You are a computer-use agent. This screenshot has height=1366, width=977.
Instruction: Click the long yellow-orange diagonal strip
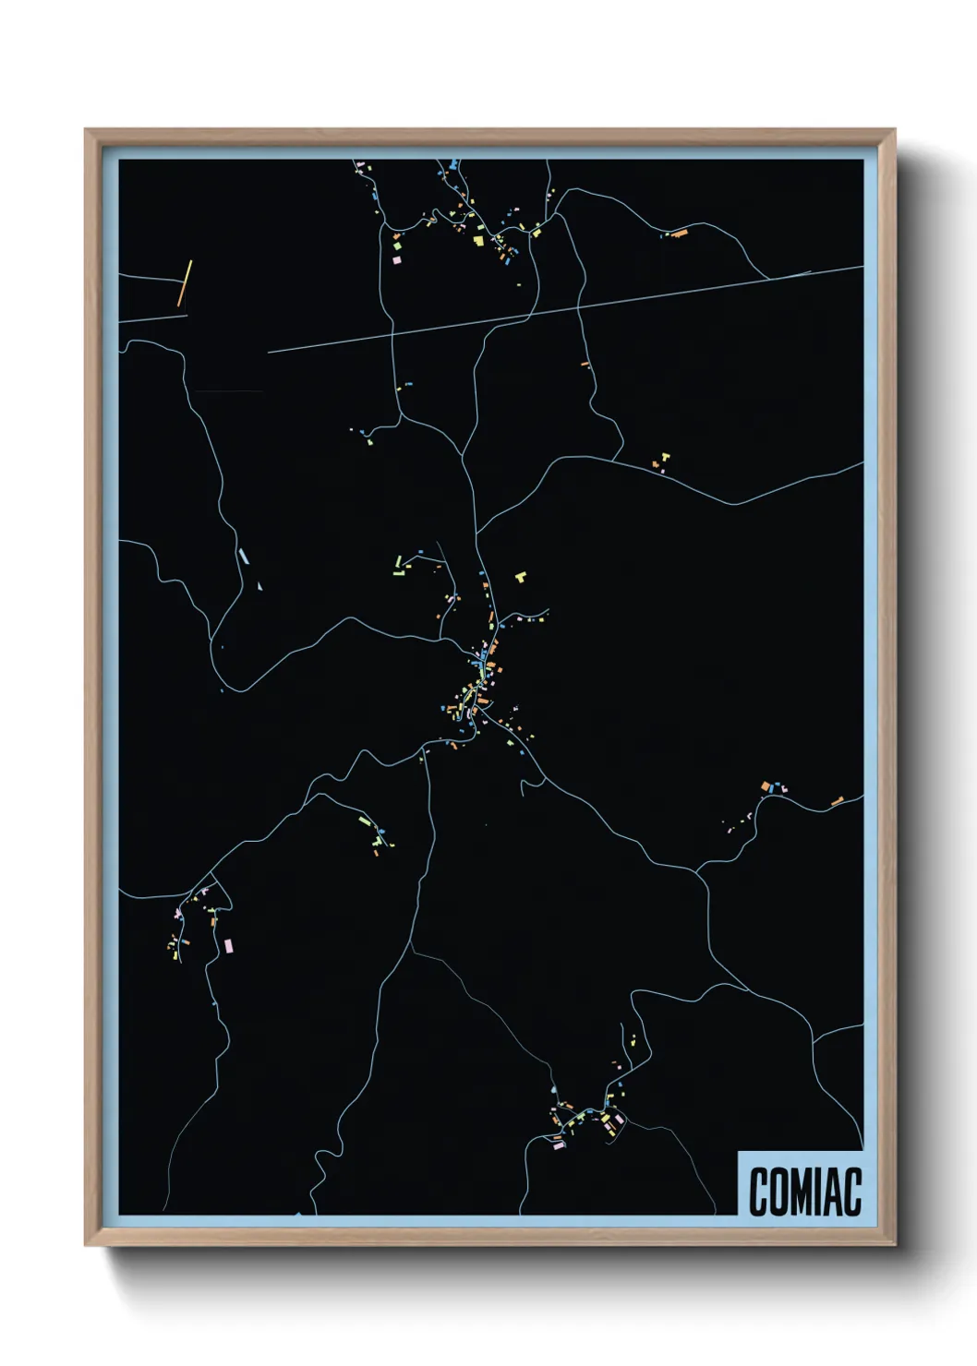(x=185, y=282)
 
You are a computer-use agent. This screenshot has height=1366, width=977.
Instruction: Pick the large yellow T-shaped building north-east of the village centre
(x=521, y=577)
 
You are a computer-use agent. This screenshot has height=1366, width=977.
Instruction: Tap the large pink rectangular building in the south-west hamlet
(x=228, y=945)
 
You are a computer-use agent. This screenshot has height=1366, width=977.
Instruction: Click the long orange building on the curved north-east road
(x=680, y=234)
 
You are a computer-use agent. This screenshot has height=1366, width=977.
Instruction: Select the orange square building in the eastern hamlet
(x=766, y=786)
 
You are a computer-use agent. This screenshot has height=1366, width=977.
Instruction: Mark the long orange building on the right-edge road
(x=838, y=801)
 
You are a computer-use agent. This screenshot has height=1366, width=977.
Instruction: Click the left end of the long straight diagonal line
(x=269, y=352)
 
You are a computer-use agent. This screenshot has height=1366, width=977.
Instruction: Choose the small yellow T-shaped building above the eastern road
(x=664, y=457)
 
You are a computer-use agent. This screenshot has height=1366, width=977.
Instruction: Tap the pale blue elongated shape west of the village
(x=244, y=556)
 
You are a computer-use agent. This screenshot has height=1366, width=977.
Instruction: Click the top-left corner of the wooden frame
(x=86, y=130)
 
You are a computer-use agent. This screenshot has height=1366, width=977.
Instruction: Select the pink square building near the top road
(x=397, y=260)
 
